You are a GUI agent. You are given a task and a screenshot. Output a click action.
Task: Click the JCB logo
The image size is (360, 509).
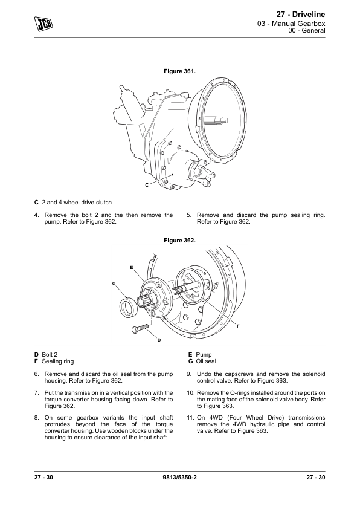[43, 24]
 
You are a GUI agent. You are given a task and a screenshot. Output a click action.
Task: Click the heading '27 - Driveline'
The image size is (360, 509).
[301, 15]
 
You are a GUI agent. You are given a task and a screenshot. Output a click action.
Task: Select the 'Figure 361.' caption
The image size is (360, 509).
[179, 71]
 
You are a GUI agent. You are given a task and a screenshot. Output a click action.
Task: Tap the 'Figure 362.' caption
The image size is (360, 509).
[179, 241]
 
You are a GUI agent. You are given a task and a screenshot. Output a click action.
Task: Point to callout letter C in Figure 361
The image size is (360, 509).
[147, 185]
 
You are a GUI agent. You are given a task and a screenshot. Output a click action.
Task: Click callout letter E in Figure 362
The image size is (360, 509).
[131, 267]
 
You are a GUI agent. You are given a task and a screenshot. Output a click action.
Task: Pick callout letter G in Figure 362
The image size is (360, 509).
[114, 284]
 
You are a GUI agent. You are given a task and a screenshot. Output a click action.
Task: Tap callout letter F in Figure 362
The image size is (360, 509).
[238, 326]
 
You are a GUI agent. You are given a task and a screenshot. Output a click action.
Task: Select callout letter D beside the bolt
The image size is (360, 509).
[159, 340]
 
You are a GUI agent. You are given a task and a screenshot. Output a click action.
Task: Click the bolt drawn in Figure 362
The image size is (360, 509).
[140, 328]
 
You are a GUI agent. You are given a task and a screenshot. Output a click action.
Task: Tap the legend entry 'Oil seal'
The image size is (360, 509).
[206, 361]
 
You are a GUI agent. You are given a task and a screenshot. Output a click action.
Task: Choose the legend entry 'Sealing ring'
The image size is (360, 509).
[58, 361]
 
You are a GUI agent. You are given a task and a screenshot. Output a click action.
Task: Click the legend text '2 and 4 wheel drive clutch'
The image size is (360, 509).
[77, 203]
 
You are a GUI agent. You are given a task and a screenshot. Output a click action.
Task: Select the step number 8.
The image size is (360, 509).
[36, 418]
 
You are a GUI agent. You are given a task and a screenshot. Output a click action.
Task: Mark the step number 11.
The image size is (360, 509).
[190, 418]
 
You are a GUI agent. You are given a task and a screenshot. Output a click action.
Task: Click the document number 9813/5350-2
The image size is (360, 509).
[179, 477]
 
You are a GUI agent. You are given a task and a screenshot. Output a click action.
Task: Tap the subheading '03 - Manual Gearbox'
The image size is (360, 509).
[291, 24]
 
